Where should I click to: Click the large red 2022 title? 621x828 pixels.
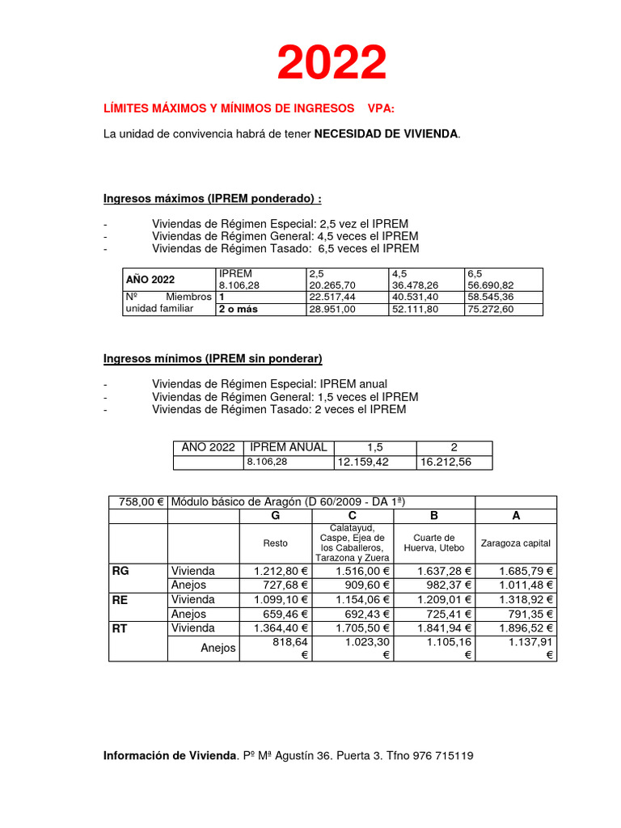332,63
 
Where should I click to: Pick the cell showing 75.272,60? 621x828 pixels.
490,309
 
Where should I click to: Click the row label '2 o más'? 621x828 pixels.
238,309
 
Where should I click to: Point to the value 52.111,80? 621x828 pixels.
414,309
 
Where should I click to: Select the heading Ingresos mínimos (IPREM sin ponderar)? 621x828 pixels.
213,358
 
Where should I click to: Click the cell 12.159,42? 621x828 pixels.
361,463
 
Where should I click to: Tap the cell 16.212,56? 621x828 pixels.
443,463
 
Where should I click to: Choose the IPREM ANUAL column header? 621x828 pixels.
289,447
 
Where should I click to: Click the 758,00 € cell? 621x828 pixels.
138,502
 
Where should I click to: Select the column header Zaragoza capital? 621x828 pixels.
515,543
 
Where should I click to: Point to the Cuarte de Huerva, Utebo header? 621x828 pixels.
433,543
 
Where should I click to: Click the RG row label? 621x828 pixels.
120,571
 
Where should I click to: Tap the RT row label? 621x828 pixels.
120,627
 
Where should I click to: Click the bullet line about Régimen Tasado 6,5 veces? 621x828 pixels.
285,249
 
